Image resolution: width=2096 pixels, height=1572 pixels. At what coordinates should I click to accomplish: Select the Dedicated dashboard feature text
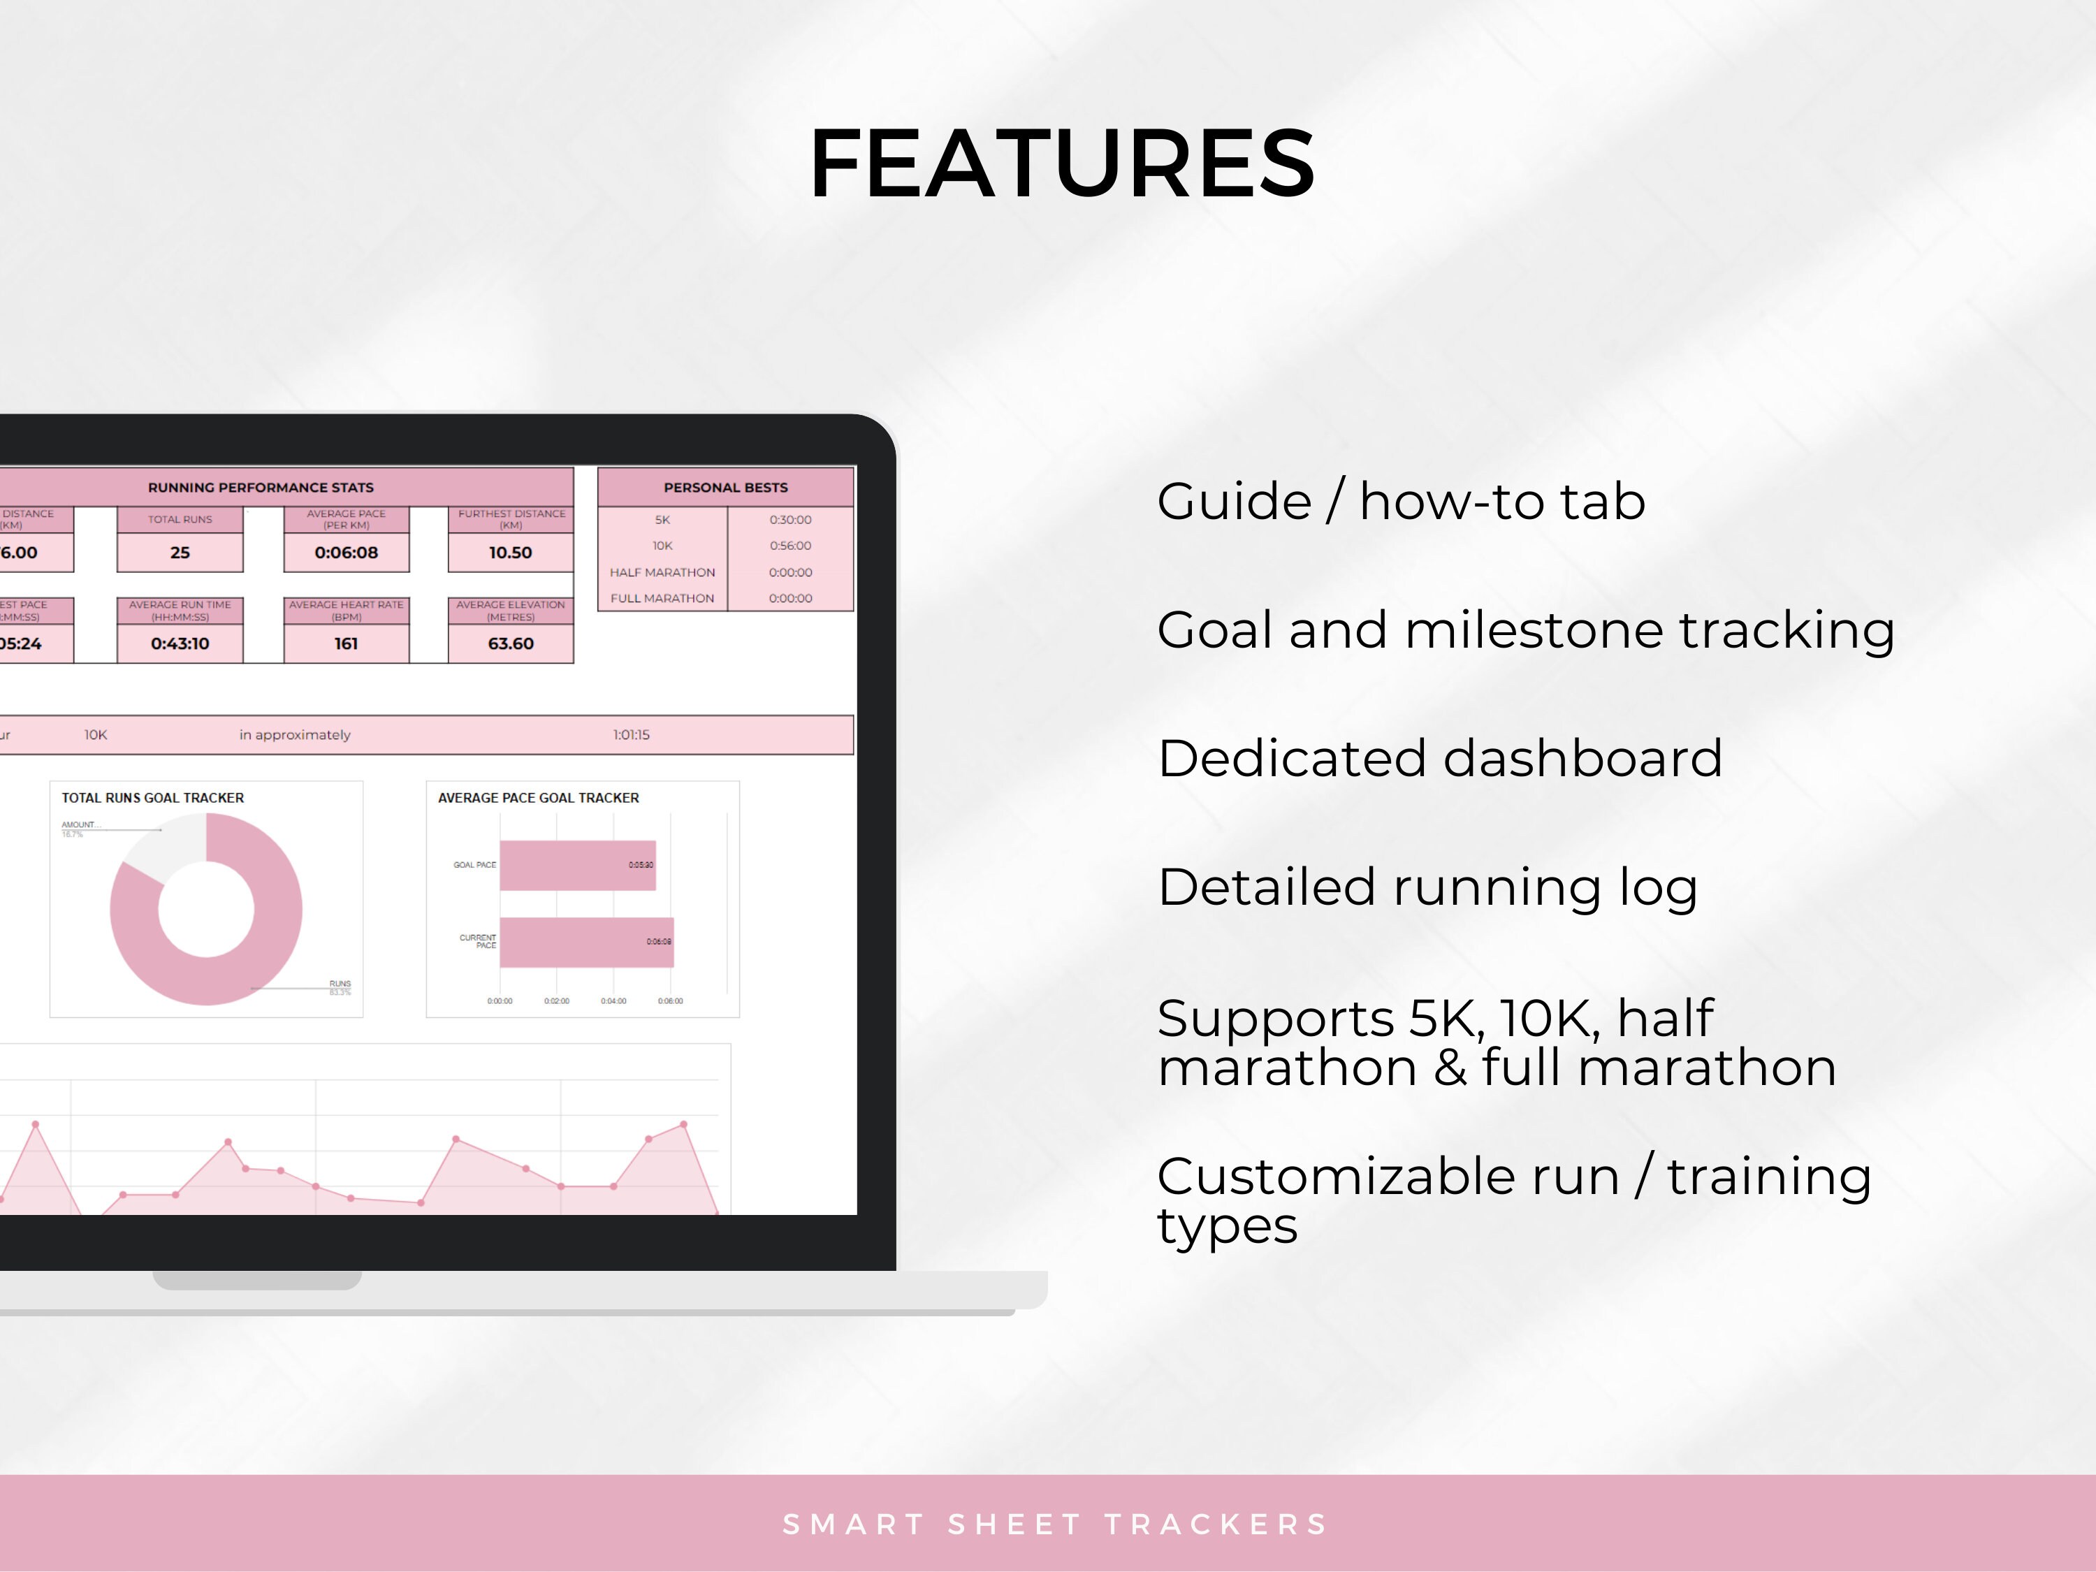[x=1439, y=758]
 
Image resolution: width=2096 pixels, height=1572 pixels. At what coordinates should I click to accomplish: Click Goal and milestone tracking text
[x=1526, y=629]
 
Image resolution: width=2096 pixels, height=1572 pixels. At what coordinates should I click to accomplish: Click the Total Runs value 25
[x=180, y=553]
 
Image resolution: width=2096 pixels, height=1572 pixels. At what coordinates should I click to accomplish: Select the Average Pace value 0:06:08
[x=346, y=553]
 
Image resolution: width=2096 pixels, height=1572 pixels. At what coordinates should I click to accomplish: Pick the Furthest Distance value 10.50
[x=510, y=553]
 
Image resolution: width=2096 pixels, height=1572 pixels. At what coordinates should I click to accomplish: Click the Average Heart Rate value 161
[x=346, y=643]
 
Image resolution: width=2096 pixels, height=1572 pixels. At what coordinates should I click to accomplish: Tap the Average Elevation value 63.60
[x=510, y=643]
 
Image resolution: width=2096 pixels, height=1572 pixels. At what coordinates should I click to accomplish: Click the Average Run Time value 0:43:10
[x=180, y=643]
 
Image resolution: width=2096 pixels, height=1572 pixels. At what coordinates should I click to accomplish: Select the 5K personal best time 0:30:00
[x=790, y=519]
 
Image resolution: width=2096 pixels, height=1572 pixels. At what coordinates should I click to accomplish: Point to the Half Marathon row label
[x=662, y=572]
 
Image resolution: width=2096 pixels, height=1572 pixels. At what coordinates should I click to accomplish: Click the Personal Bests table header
[x=725, y=487]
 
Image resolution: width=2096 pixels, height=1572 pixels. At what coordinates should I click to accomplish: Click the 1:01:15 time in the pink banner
[x=631, y=734]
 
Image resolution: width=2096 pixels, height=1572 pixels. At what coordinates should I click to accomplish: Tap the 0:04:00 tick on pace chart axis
[x=613, y=1000]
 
